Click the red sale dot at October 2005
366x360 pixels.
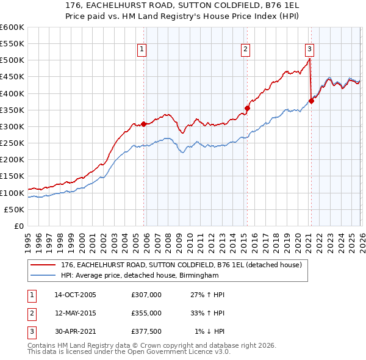[144, 124]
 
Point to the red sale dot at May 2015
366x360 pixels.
[247, 108]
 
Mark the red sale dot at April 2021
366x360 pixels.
[311, 101]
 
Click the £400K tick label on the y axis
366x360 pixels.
[12, 93]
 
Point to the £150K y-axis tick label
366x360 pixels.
[12, 176]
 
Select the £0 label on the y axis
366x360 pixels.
[18, 226]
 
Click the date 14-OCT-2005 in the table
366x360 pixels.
[75, 295]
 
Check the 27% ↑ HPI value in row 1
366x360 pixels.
[207, 295]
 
